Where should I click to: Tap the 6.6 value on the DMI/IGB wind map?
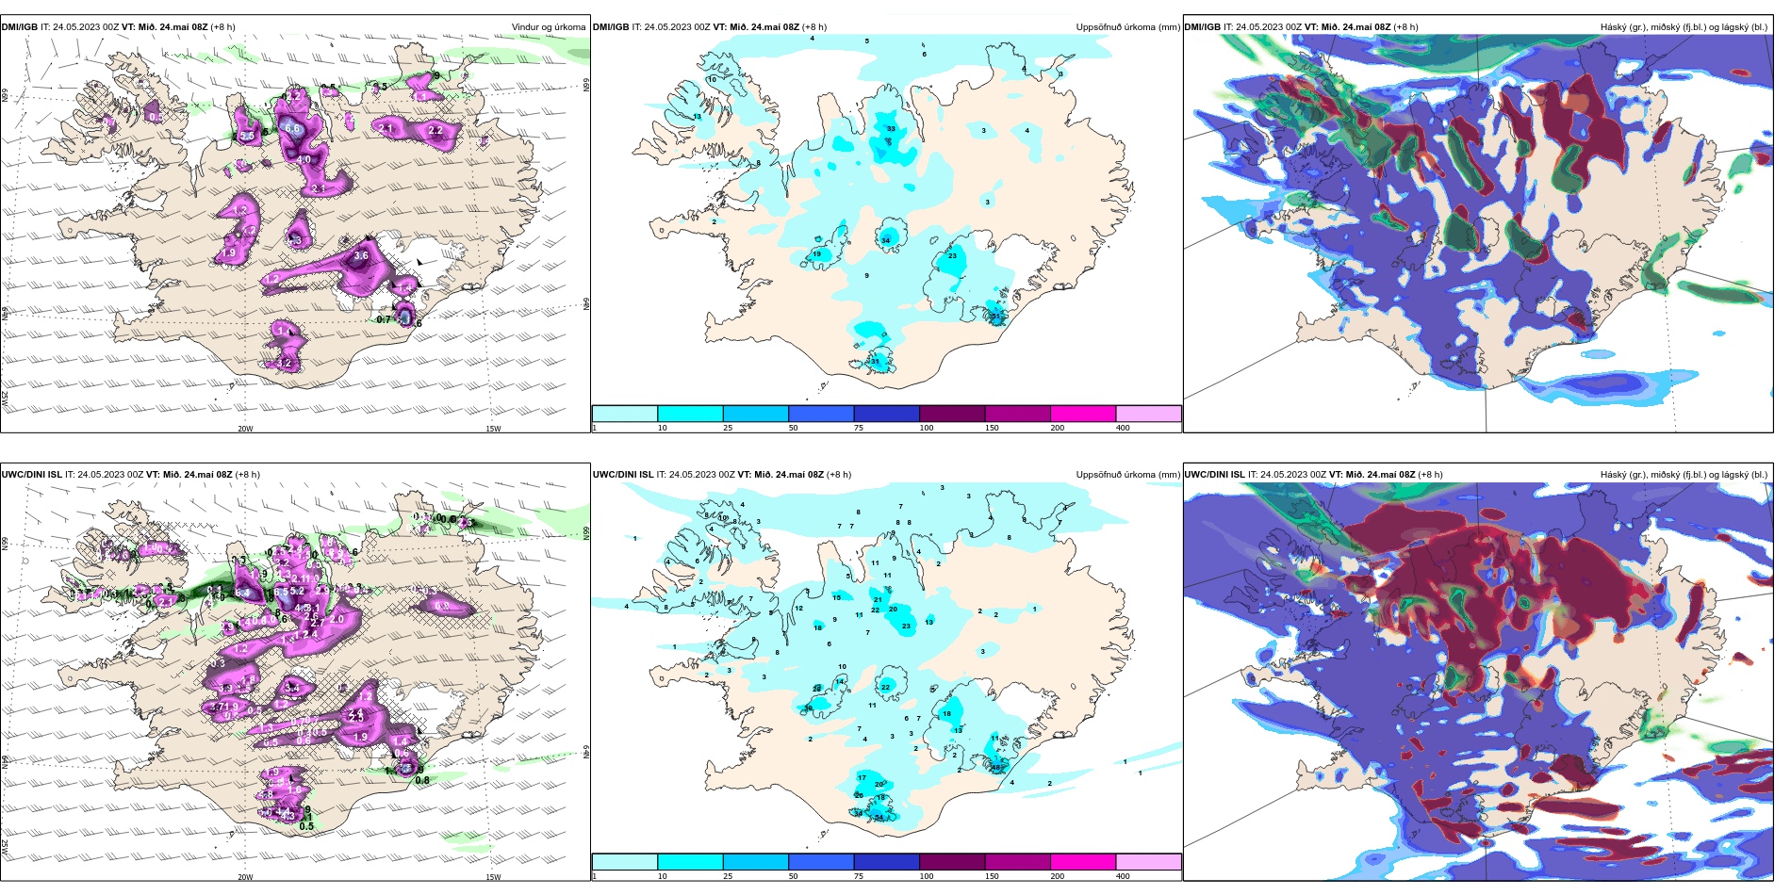coord(292,129)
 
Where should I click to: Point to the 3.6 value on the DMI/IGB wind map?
coord(361,255)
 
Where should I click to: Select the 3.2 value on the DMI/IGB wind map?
coord(284,363)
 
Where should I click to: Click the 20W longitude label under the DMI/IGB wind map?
coord(245,429)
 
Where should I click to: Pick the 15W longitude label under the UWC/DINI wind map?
coord(492,877)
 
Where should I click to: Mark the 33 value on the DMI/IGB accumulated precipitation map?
coord(891,128)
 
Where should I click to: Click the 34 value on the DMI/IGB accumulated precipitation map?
coord(886,241)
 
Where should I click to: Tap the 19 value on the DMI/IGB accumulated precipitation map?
coord(817,254)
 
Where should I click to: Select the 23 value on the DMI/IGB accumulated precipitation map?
coord(952,256)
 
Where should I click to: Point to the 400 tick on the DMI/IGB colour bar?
coord(1123,428)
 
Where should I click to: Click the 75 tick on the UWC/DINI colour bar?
coord(859,876)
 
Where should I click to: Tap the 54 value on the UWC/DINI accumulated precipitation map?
coord(879,817)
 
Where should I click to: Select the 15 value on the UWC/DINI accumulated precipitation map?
coord(836,598)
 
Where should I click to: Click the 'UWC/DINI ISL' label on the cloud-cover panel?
coord(1213,474)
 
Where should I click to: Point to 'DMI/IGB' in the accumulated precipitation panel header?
coord(611,27)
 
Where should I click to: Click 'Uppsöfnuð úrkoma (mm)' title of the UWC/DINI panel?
coord(1127,474)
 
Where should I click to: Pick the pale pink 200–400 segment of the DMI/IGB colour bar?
coord(1148,414)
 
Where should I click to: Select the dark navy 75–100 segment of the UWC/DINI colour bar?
coord(886,862)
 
